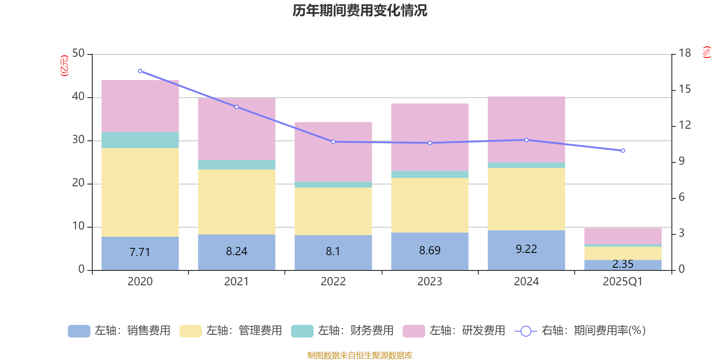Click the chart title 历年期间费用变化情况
point(360,10)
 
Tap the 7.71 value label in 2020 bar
point(140,252)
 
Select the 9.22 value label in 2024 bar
point(526,249)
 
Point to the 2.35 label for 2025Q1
point(623,264)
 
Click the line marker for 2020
point(140,71)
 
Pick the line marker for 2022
point(333,142)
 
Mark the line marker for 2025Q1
point(623,151)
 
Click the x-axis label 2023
point(430,282)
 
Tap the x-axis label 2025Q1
point(623,282)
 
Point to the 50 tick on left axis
point(78,54)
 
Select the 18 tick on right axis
point(685,54)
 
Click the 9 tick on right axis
point(682,161)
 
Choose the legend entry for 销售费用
point(119,331)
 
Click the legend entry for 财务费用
point(342,331)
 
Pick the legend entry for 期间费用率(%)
point(580,331)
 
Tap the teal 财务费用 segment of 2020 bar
point(140,140)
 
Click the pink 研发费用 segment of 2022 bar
point(333,152)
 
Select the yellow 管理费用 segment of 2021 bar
point(237,202)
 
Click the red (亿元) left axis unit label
point(65,66)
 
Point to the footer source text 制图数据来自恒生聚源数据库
point(360,355)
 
